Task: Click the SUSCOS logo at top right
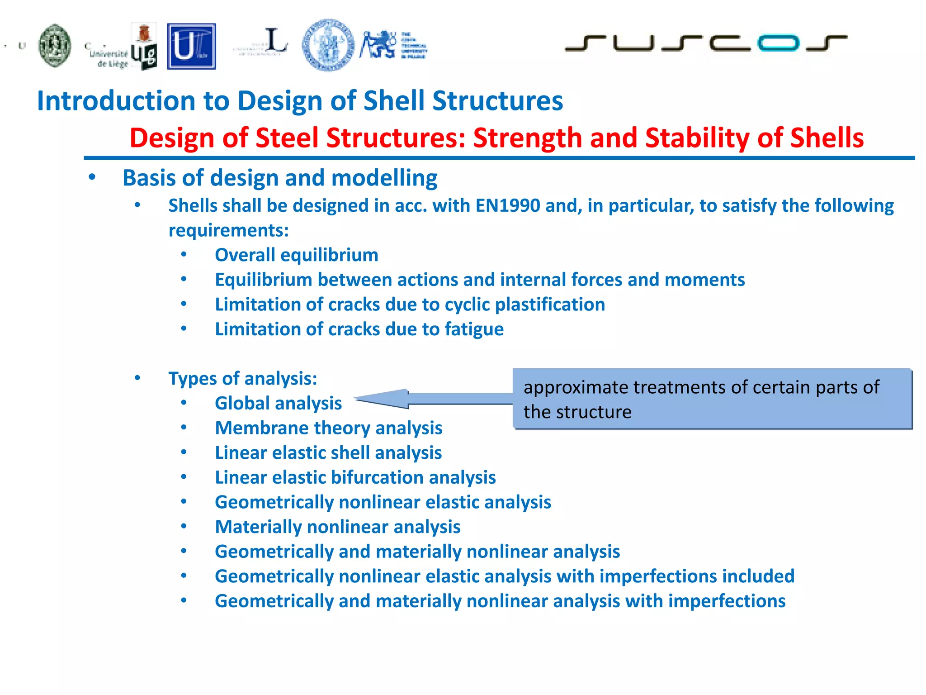pyautogui.click(x=705, y=43)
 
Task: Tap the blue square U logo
pyautogui.click(x=191, y=47)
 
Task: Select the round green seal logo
pyautogui.click(x=55, y=46)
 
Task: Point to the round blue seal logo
pyautogui.click(x=328, y=45)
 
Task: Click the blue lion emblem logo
pyautogui.click(x=378, y=45)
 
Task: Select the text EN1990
pyautogui.click(x=507, y=206)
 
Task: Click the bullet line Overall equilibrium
pyautogui.click(x=296, y=255)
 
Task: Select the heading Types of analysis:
pyautogui.click(x=243, y=379)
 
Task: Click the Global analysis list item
pyautogui.click(x=278, y=404)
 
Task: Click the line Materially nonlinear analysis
pyautogui.click(x=337, y=527)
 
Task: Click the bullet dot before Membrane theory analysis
pyautogui.click(x=184, y=428)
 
